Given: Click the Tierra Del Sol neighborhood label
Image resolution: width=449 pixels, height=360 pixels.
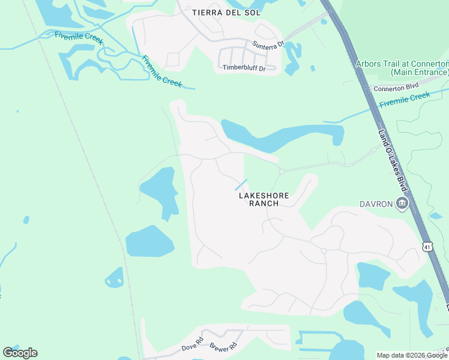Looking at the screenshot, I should coord(219,12).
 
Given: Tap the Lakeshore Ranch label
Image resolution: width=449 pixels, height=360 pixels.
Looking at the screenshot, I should coord(264,199).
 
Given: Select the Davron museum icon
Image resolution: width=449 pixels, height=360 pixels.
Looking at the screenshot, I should coord(402,205).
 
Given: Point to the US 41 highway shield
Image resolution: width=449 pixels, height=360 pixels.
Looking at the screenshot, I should coord(427,247).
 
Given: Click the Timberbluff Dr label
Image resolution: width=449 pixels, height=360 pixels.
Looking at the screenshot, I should coord(244,67).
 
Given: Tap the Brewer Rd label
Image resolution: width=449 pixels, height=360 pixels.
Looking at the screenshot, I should coord(223,346).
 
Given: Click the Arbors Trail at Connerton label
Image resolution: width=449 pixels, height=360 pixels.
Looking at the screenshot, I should coord(402,64).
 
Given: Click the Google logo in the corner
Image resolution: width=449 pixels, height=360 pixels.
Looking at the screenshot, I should coord(20,352).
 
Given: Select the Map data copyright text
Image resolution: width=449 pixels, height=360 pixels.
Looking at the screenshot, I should coord(412,355).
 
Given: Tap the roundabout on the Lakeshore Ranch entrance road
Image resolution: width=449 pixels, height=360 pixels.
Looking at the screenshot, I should coord(282,172).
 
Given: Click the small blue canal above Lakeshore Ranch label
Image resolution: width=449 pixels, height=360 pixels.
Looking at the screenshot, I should coord(241,185).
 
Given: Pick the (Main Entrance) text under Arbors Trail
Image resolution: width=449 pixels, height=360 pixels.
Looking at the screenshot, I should coord(420,72).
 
